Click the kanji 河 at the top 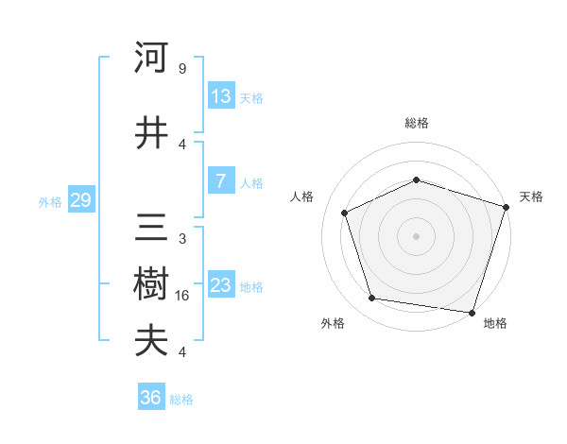pyautogui.click(x=150, y=59)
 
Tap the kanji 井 pyautogui.click(x=150, y=134)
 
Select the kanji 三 pyautogui.click(x=150, y=230)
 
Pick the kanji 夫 pyautogui.click(x=150, y=341)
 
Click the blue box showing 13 pyautogui.click(x=221, y=96)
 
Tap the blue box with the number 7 pyautogui.click(x=221, y=181)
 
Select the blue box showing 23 pyautogui.click(x=221, y=285)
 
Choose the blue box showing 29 pyautogui.click(x=79, y=200)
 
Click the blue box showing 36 pyautogui.click(x=151, y=398)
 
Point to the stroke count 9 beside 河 pyautogui.click(x=182, y=69)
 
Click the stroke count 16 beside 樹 pyautogui.click(x=183, y=296)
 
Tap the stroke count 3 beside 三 pyautogui.click(x=182, y=239)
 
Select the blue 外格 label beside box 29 pyautogui.click(x=49, y=201)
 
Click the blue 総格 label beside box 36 pyautogui.click(x=181, y=400)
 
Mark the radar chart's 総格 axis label pyautogui.click(x=416, y=123)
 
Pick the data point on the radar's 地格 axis pyautogui.click(x=472, y=312)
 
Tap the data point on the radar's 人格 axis pyautogui.click(x=345, y=213)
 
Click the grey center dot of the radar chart pyautogui.click(x=416, y=236)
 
